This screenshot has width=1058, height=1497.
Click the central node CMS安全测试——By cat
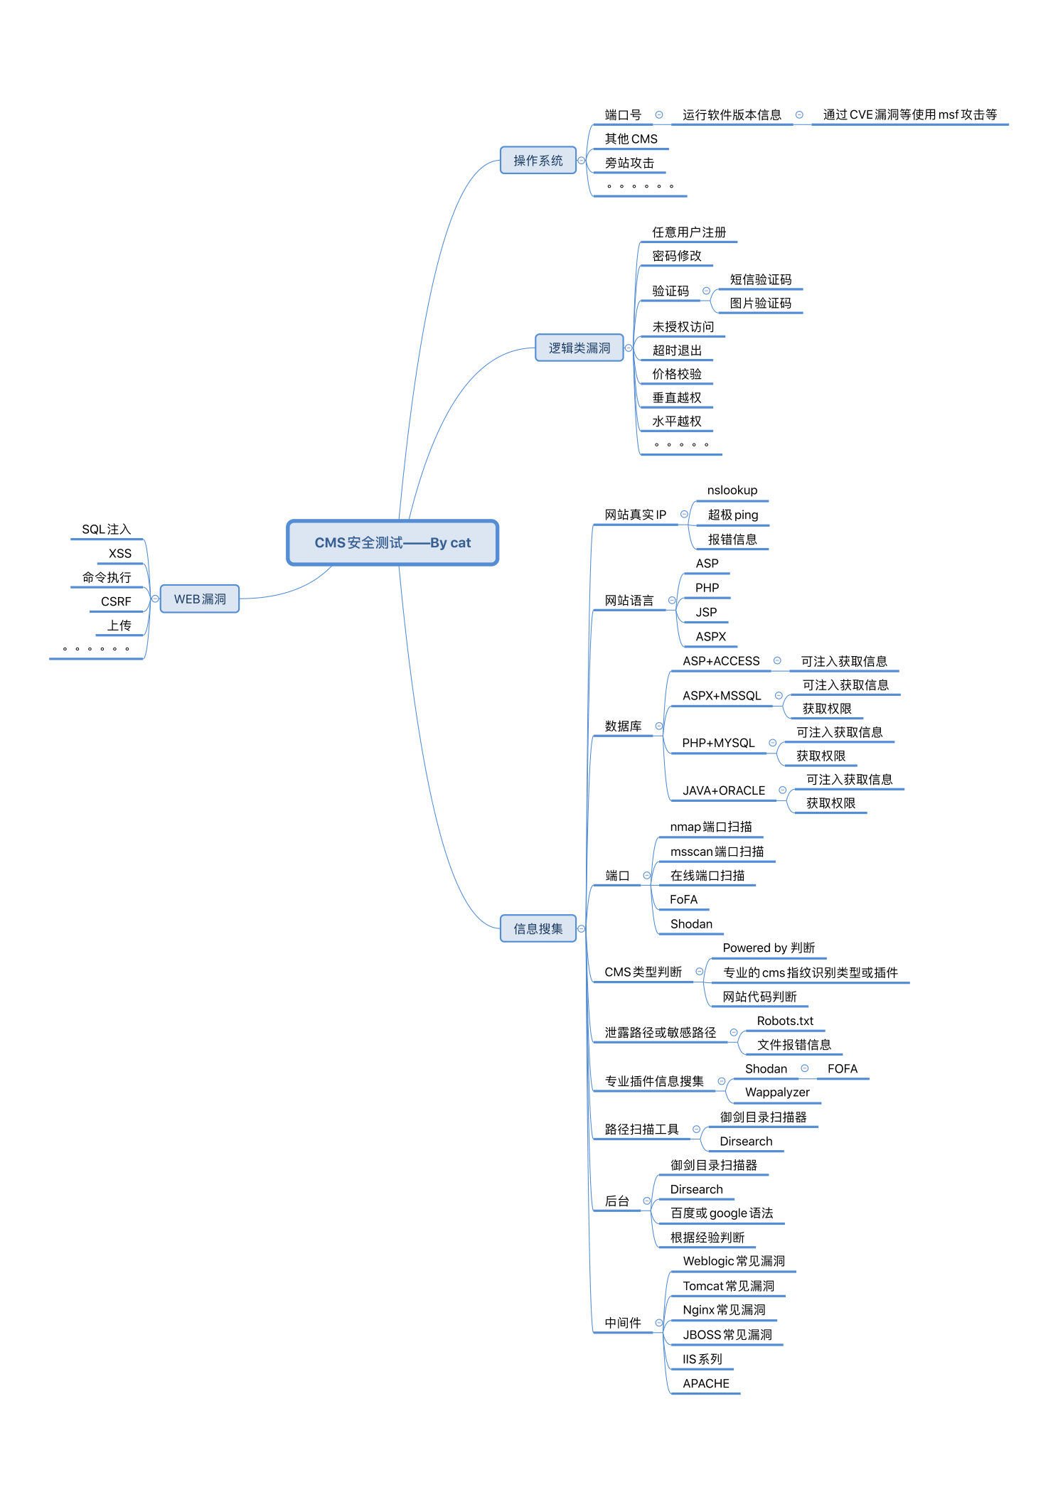click(x=392, y=542)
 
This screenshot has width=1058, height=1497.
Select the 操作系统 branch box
click(x=538, y=161)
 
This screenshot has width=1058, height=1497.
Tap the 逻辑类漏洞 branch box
click(x=579, y=348)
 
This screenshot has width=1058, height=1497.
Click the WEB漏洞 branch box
click(x=200, y=599)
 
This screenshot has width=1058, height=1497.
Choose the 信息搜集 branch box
click(x=538, y=928)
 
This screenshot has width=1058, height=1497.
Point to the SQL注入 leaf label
click(x=107, y=530)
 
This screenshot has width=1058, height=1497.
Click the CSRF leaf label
click(x=116, y=601)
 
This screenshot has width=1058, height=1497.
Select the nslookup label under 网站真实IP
click(x=732, y=490)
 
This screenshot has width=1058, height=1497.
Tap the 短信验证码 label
click(x=760, y=279)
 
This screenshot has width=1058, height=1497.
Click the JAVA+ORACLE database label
click(x=724, y=790)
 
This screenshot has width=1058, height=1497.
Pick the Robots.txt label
click(x=785, y=1021)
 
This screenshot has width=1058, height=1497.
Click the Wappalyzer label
click(x=777, y=1093)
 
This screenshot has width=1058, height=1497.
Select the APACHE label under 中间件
click(x=705, y=1383)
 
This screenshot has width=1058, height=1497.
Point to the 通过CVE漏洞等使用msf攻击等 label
click(x=909, y=114)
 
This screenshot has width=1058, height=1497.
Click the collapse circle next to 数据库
click(x=659, y=726)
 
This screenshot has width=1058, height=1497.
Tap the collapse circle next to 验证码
click(x=706, y=291)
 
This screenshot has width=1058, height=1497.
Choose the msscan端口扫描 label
click(x=717, y=852)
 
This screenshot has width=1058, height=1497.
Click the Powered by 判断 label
click(x=769, y=948)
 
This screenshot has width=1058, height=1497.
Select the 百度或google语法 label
click(x=721, y=1213)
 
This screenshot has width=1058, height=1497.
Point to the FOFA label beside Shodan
click(x=842, y=1069)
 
